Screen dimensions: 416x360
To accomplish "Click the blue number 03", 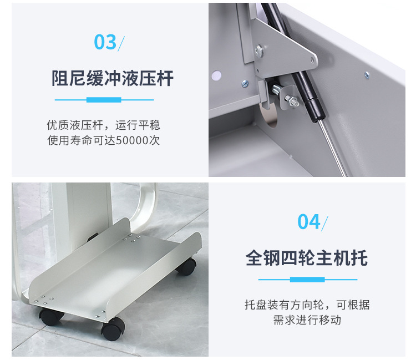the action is (105, 42).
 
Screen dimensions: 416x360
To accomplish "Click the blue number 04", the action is (309, 222).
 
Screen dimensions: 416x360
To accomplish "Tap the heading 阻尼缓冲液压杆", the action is (113, 78).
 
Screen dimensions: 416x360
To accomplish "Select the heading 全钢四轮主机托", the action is (307, 258).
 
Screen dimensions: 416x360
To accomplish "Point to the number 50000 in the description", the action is (132, 140).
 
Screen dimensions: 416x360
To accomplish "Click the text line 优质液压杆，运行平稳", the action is (104, 125).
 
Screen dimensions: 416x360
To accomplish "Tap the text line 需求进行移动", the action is (307, 320).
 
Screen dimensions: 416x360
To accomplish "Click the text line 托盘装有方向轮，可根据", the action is (307, 305).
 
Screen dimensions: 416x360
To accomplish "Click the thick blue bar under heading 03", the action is (104, 100).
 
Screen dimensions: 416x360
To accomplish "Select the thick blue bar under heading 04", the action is (307, 280).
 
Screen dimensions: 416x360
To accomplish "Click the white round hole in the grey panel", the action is (216, 75).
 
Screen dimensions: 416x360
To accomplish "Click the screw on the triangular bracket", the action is (258, 50).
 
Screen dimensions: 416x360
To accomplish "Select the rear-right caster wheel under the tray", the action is (187, 266).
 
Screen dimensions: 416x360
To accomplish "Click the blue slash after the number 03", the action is (121, 43).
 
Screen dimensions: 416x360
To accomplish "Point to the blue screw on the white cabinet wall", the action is (367, 75).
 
